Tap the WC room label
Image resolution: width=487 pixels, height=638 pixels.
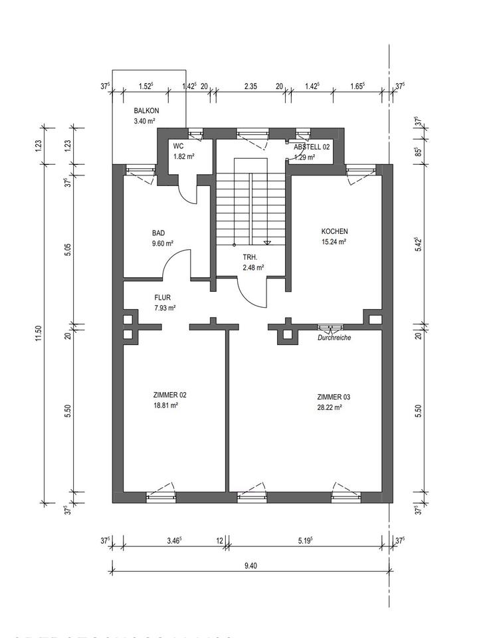(178, 146)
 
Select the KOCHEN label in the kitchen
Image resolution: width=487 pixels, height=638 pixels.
(334, 231)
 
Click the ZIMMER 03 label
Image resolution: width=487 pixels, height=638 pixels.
(334, 397)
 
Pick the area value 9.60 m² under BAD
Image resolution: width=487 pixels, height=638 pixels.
(163, 243)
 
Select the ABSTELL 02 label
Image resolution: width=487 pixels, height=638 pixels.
(312, 146)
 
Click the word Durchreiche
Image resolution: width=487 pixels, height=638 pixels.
(334, 338)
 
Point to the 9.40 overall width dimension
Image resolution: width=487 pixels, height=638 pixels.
(250, 566)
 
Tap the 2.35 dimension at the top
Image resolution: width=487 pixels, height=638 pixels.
(250, 86)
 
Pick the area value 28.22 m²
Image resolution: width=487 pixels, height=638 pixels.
(330, 408)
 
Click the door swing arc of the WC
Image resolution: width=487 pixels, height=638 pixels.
(189, 192)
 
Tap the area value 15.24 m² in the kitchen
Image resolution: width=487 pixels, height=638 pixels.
(334, 242)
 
